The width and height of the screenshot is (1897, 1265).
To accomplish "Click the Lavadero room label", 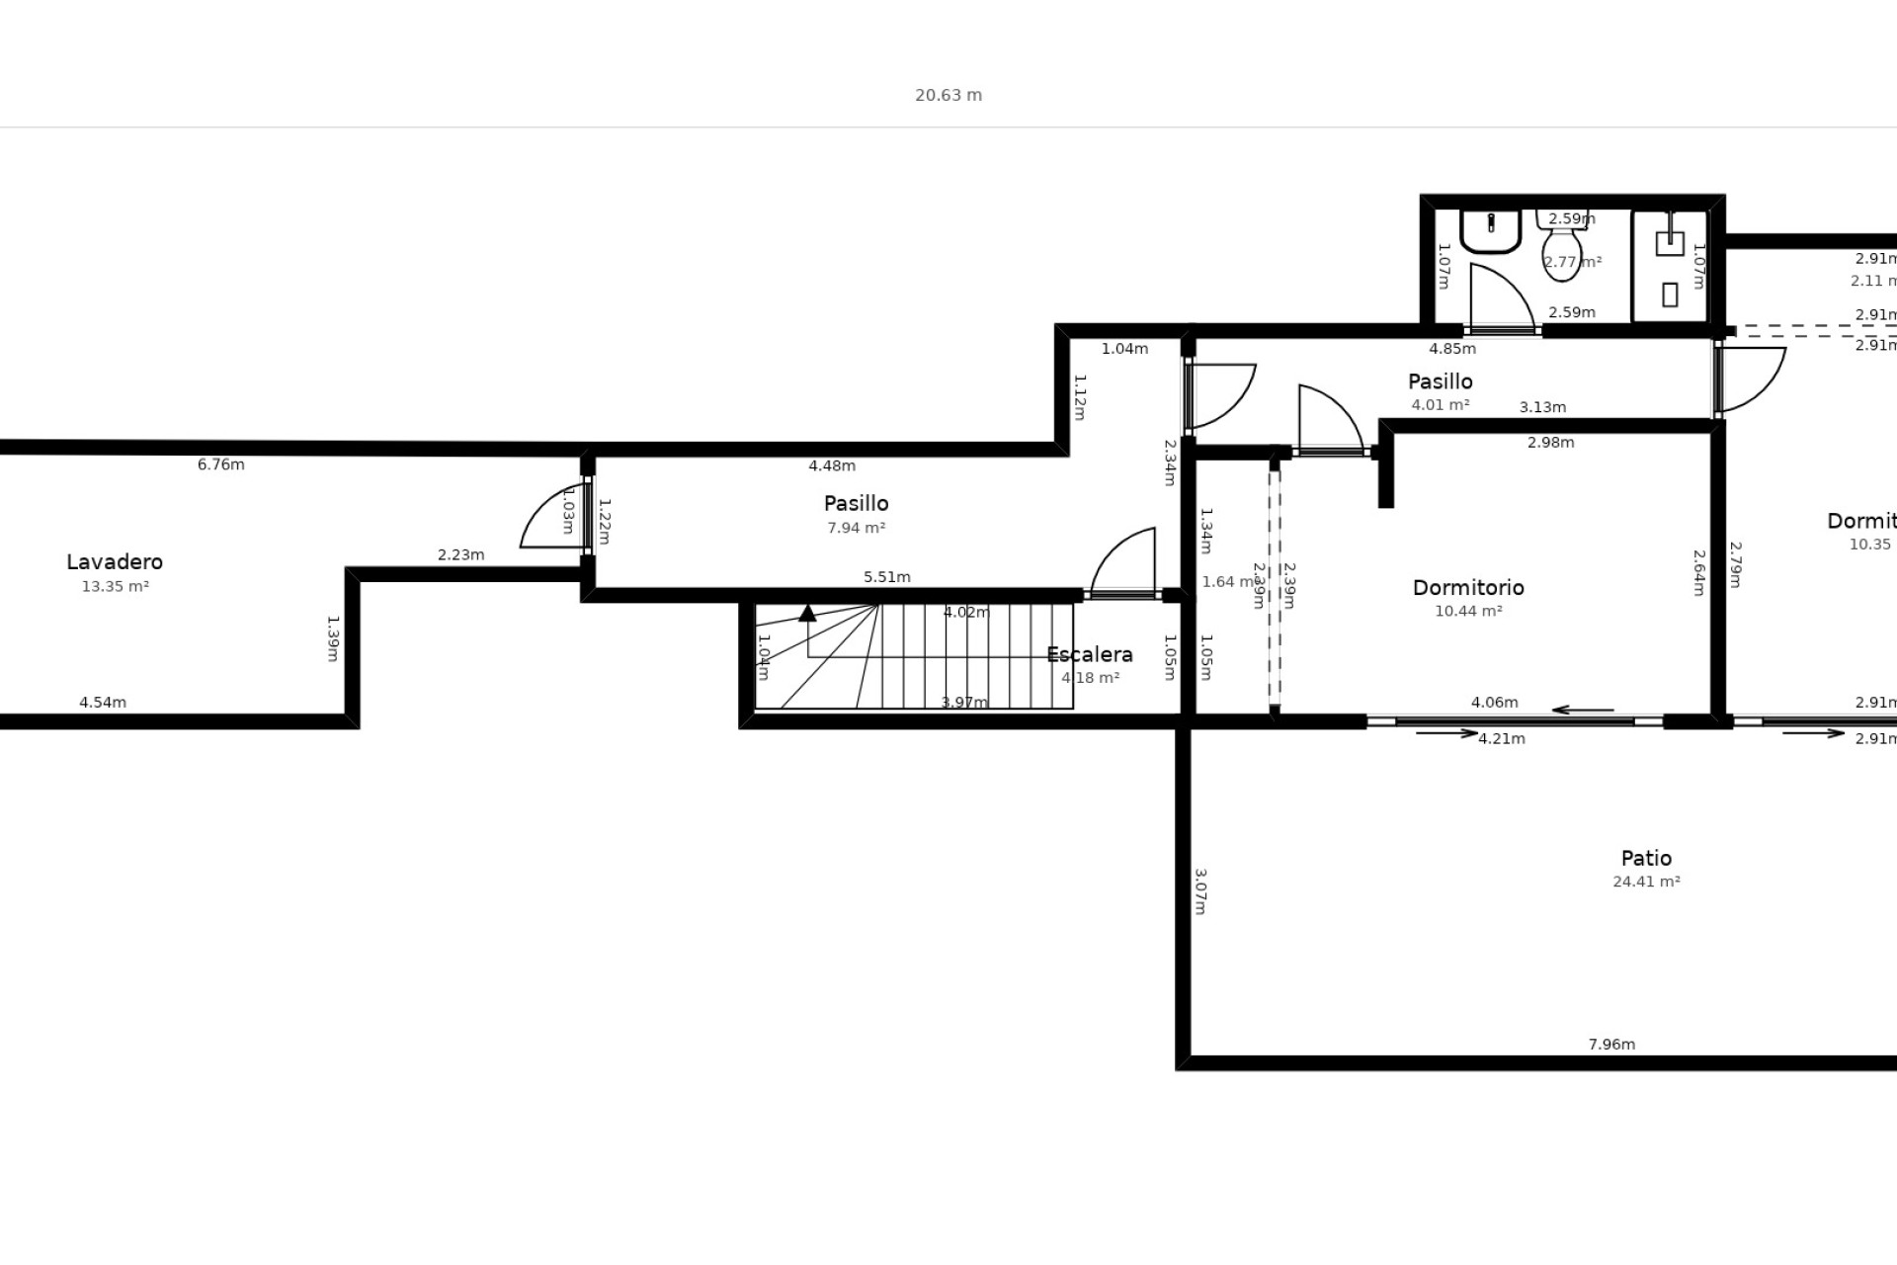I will coord(115,561).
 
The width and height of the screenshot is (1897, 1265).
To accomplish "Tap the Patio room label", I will coord(1646,858).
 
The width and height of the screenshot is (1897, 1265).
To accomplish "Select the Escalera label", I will coord(1089,654).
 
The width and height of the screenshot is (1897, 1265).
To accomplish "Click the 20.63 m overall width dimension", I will coord(948,95).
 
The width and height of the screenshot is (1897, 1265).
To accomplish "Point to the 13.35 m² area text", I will coord(115,586).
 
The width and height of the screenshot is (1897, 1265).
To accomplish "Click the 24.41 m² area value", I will coord(1646,882).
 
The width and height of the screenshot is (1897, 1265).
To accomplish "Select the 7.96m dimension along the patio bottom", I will coord(1611,1044).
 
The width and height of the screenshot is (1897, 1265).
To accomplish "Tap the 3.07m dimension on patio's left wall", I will coord(1200,891).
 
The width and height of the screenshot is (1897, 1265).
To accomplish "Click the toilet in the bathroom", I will coord(1561,247).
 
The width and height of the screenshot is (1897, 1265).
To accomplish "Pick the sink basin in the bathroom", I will coord(1490,231).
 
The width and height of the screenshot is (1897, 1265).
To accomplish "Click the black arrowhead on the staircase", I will coord(807,613).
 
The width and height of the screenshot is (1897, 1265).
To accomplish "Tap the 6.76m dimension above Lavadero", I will coord(220,464).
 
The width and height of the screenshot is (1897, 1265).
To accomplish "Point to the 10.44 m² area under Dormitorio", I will coord(1468,611).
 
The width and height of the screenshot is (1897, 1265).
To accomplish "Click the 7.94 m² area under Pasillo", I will coord(856,528).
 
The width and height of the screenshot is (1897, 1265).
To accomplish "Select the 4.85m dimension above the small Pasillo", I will coord(1452,348).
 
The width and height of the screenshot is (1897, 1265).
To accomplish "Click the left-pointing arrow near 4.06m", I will coord(1582,710).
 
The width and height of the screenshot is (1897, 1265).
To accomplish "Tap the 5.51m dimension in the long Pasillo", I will coord(886,577).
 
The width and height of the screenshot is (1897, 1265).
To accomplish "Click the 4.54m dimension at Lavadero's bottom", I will coord(103,703).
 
